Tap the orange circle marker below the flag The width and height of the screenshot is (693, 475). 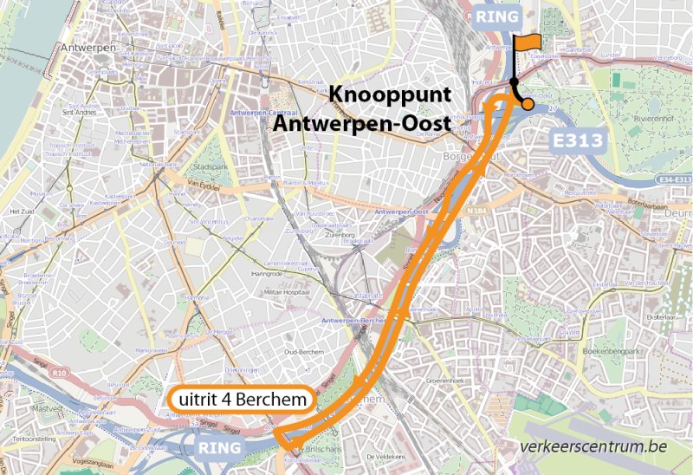(528, 104)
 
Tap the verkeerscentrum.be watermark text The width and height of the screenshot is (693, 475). (594, 447)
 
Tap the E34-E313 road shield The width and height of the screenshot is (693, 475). (675, 179)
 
